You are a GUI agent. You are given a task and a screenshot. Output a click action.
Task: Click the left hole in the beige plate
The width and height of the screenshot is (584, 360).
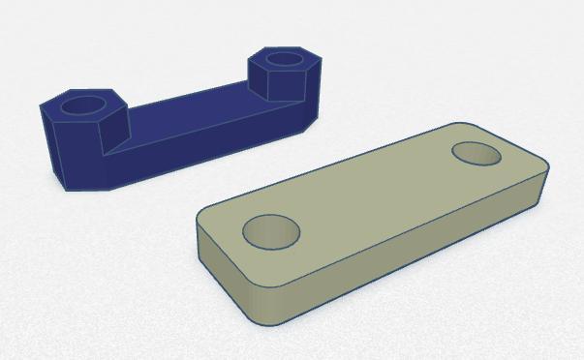pos(271,232)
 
